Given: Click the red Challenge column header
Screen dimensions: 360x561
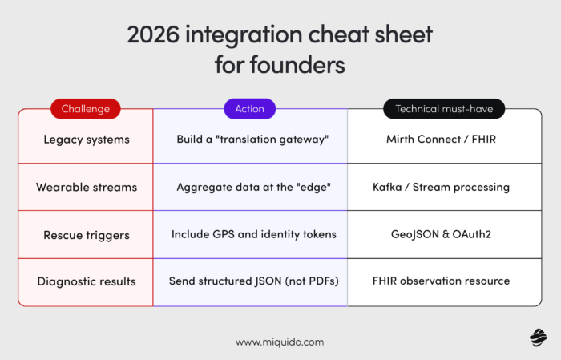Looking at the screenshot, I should [86, 108].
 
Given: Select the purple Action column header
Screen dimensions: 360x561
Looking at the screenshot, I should [250, 108].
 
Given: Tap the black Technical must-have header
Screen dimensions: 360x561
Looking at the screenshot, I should [444, 108].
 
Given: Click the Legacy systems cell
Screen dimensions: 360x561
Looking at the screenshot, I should [86, 139].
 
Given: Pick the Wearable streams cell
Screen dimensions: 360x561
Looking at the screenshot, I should [86, 187].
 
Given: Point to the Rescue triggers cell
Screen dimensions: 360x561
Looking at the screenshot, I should [86, 234].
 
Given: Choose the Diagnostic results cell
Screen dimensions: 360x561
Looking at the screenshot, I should [86, 281].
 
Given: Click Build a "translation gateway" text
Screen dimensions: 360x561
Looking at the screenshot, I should [250, 139].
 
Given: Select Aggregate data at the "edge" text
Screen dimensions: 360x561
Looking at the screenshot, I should [250, 187].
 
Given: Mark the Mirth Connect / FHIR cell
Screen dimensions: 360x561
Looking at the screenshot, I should [441, 139].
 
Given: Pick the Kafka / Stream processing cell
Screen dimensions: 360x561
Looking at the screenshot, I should [441, 187].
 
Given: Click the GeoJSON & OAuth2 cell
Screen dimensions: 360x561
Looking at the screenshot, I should [441, 234].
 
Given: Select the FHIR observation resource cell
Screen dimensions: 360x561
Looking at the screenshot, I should [441, 281].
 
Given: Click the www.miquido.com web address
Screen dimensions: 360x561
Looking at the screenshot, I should [280, 342].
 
